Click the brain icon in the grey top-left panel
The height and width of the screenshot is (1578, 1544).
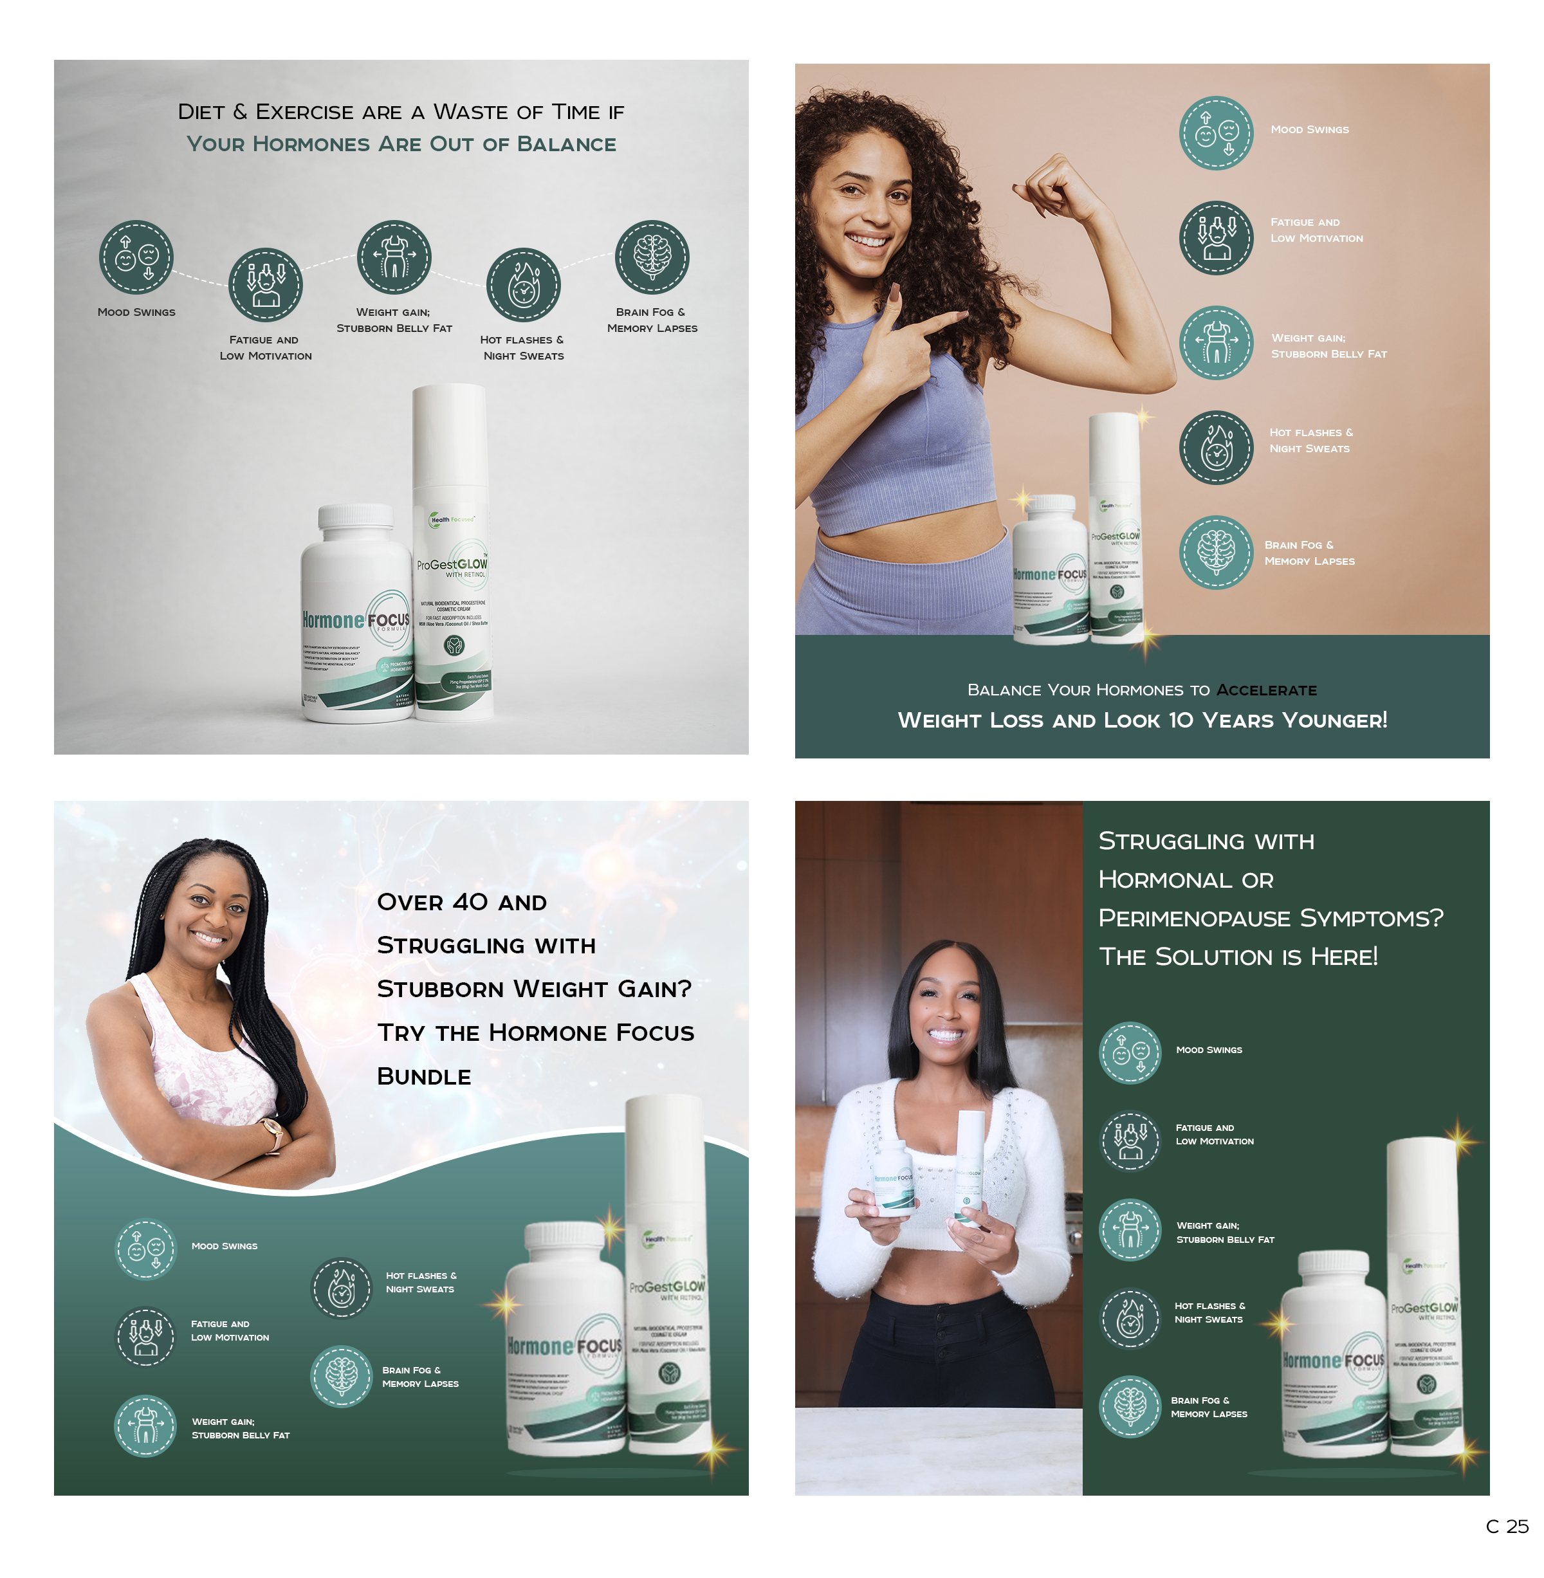pyautogui.click(x=652, y=257)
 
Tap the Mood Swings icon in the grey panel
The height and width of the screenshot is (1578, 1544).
pyautogui.click(x=136, y=257)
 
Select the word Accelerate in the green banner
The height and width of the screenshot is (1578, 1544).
pyautogui.click(x=1266, y=690)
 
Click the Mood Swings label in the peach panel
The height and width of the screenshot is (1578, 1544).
pyautogui.click(x=1309, y=130)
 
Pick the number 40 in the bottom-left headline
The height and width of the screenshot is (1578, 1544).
pyautogui.click(x=470, y=903)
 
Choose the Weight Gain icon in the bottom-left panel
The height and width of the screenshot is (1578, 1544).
pyautogui.click(x=145, y=1426)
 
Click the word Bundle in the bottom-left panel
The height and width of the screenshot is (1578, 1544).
pyautogui.click(x=423, y=1077)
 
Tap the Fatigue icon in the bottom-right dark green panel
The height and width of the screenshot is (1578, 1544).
pyautogui.click(x=1130, y=1140)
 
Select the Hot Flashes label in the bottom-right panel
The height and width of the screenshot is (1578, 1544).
pyautogui.click(x=1209, y=1312)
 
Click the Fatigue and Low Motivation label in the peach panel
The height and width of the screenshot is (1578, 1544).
pyautogui.click(x=1316, y=230)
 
